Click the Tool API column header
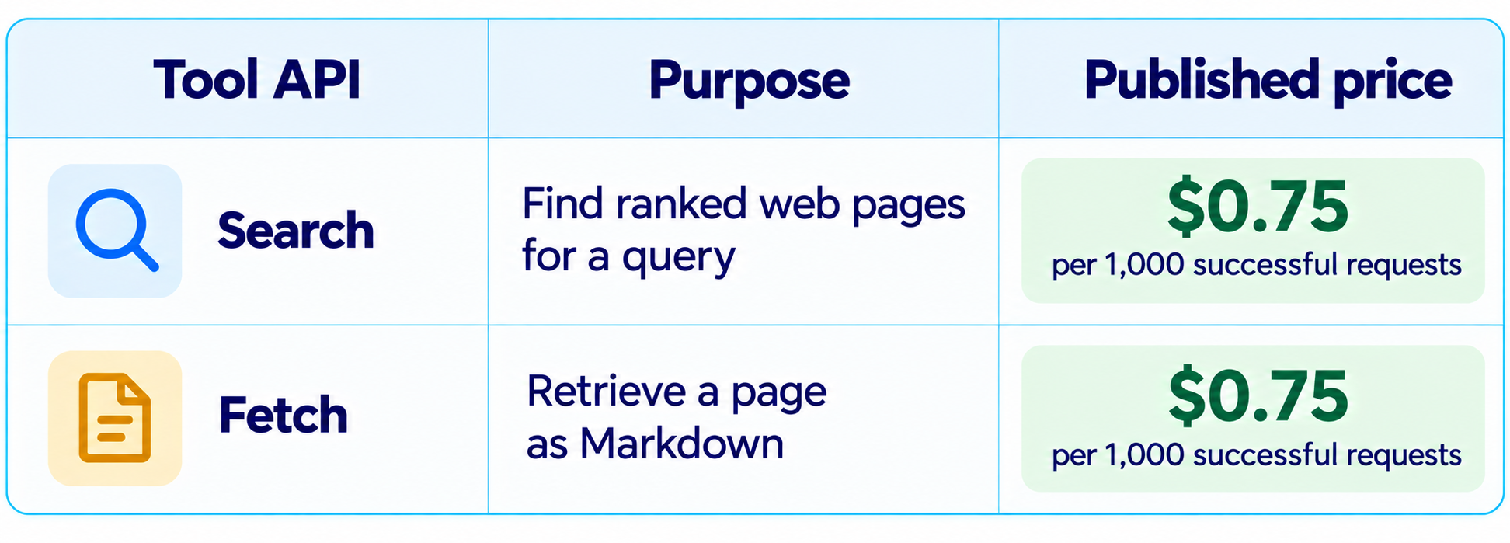click(x=257, y=79)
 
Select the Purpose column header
click(x=749, y=81)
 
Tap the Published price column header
click(x=1268, y=81)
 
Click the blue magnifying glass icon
click(x=116, y=230)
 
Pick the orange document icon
click(x=115, y=418)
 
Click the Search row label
click(x=296, y=231)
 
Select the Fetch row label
click(x=283, y=415)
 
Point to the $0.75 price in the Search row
click(x=1258, y=207)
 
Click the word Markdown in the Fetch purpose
click(x=681, y=444)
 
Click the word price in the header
click(x=1393, y=82)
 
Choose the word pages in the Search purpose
click(x=909, y=207)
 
